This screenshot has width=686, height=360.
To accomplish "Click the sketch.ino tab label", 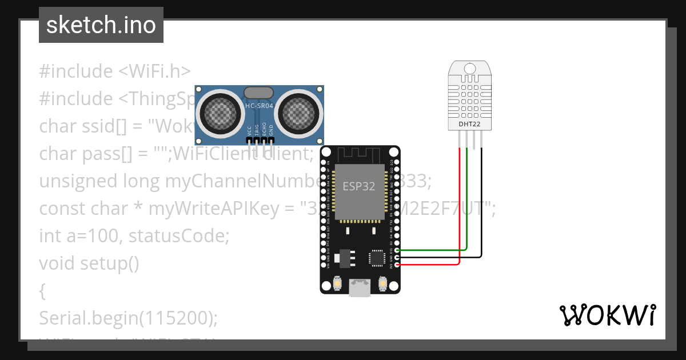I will tap(101, 25).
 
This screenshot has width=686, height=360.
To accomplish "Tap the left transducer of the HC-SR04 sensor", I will tap(218, 113).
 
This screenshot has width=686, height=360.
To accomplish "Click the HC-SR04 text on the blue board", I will tap(259, 106).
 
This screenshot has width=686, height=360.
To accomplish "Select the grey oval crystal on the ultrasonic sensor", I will tap(259, 93).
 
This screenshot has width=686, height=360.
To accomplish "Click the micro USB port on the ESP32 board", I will tap(360, 288).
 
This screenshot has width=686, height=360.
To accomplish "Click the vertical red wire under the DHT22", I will tap(460, 206).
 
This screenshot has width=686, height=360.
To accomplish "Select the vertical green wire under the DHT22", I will tap(468, 200).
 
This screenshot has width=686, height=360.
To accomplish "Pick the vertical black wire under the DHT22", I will tap(481, 200).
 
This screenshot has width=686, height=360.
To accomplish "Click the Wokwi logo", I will tap(607, 315).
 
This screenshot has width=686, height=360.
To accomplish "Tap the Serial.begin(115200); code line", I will tap(129, 318).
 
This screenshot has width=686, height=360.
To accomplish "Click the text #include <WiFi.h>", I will tap(114, 71).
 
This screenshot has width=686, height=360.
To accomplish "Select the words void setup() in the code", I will tap(89, 263).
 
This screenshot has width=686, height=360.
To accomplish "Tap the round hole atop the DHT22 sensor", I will tap(469, 69).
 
